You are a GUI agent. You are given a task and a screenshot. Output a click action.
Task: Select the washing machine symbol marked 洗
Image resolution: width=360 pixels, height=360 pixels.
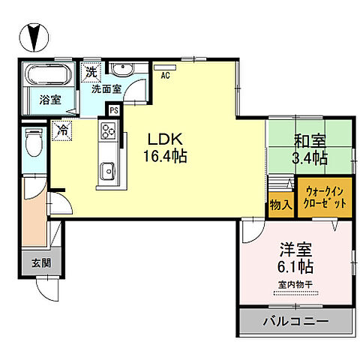click(91, 73)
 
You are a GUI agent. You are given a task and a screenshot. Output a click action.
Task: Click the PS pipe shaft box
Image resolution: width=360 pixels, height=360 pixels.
click(113, 110)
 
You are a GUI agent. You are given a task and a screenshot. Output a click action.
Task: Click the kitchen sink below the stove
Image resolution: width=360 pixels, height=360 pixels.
click(106, 170)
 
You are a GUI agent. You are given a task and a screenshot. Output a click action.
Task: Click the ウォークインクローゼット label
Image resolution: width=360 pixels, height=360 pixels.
click(324, 196)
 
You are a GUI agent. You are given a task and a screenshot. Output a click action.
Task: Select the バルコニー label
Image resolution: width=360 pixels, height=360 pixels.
click(294, 322)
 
